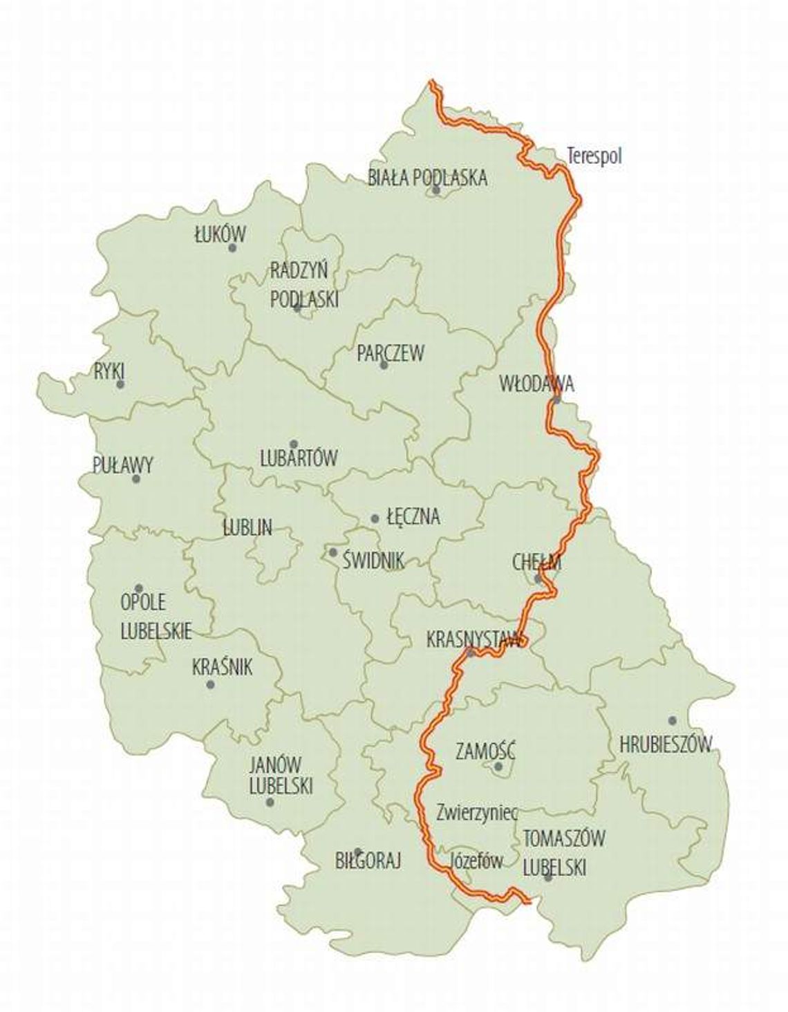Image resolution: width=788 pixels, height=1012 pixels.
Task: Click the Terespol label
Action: click(x=594, y=156)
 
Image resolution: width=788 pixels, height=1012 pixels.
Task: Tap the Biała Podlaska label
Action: click(x=427, y=178)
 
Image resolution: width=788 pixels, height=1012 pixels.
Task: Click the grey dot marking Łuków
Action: click(x=233, y=247)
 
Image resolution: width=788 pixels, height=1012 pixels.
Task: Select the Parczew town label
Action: click(x=391, y=353)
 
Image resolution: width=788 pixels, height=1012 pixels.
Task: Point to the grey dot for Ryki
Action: click(x=120, y=384)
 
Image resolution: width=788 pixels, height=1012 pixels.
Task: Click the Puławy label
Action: click(x=123, y=465)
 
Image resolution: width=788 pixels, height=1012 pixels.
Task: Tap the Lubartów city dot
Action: click(x=293, y=444)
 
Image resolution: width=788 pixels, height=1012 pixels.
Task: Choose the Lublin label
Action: click(x=247, y=528)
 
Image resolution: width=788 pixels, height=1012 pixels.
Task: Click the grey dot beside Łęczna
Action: click(x=375, y=518)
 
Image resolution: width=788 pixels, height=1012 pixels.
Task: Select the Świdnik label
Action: click(x=373, y=561)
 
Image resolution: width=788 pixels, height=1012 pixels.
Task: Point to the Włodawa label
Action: click(x=536, y=384)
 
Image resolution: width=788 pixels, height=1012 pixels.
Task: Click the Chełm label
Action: click(x=537, y=563)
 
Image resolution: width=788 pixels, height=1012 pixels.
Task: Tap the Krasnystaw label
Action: click(x=474, y=639)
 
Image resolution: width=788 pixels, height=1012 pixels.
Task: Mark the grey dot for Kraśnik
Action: click(x=211, y=685)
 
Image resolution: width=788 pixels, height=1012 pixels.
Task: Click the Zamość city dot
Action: click(x=498, y=766)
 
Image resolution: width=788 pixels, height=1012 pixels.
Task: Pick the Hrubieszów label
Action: click(x=666, y=744)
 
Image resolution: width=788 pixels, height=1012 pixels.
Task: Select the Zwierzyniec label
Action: click(x=477, y=813)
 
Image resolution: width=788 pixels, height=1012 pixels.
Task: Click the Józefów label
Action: click(x=476, y=861)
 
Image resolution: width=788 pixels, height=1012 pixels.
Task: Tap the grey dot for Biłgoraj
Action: click(x=357, y=852)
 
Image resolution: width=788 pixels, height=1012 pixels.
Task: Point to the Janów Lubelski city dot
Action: click(x=270, y=803)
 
